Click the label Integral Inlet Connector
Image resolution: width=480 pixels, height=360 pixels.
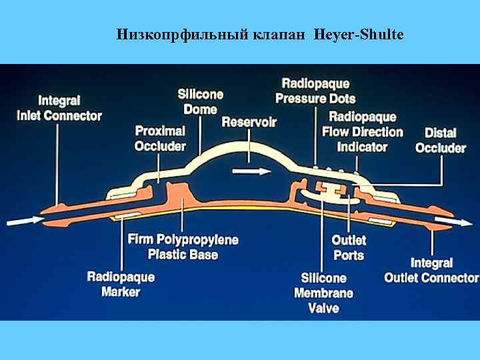[59, 108]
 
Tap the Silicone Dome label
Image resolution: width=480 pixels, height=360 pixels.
[200, 101]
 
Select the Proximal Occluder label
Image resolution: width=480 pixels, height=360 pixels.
[160, 138]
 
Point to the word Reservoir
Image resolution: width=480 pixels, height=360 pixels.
[249, 122]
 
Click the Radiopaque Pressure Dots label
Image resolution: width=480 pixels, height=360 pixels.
[315, 91]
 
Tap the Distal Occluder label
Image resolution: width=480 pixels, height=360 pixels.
[441, 140]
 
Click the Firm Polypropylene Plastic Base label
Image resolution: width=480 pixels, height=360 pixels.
[183, 247]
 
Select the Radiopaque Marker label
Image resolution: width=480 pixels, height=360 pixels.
[121, 284]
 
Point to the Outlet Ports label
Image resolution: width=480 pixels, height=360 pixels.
[349, 247]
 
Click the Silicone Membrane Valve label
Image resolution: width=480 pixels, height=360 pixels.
[324, 293]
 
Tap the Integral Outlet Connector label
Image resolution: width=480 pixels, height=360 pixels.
[431, 270]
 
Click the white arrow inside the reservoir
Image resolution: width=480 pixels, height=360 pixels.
[252, 171]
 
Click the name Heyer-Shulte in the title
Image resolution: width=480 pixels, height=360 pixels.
[358, 34]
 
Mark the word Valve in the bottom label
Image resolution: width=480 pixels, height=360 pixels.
[324, 308]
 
